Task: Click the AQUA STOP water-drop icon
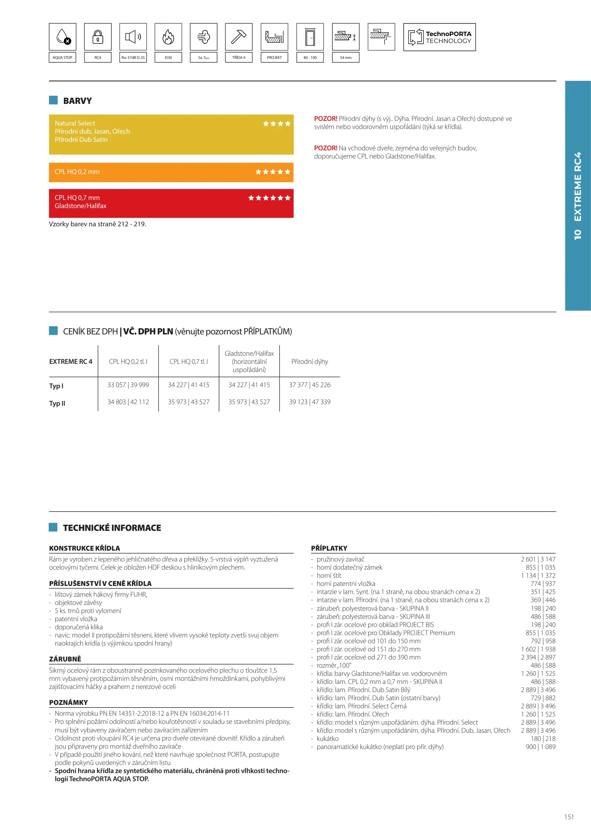(x=63, y=37)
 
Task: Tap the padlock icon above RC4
(x=98, y=37)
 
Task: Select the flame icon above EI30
(x=168, y=37)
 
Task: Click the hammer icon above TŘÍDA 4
(x=238, y=37)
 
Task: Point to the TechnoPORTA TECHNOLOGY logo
(x=439, y=37)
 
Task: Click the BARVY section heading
(x=77, y=101)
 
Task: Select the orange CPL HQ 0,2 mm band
(x=171, y=172)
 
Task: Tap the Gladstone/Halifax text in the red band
(x=81, y=206)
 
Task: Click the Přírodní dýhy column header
(x=310, y=362)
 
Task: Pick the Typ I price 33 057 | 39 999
(x=128, y=385)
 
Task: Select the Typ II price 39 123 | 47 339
(x=310, y=402)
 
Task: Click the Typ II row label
(x=57, y=403)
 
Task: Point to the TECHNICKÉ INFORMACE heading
(x=112, y=528)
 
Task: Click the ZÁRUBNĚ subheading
(x=65, y=659)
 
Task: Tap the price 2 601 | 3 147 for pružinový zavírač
(x=538, y=559)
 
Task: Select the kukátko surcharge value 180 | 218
(x=543, y=739)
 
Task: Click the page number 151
(x=569, y=817)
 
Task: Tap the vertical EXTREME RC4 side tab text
(x=577, y=196)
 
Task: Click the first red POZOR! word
(x=325, y=119)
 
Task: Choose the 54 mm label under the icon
(x=346, y=58)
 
